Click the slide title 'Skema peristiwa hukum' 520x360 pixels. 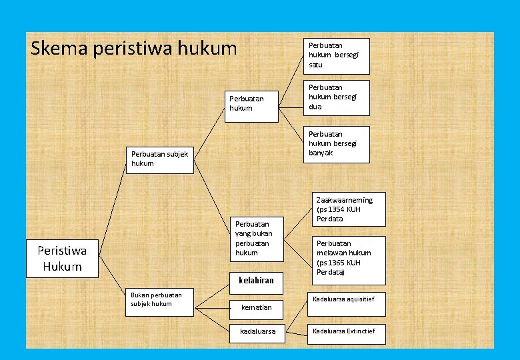pos(133,48)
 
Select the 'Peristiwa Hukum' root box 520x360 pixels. pos(63,259)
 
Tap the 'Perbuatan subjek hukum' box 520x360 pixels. pos(160,159)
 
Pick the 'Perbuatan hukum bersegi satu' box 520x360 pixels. pos(336,55)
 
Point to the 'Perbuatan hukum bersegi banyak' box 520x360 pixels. pos(336,143)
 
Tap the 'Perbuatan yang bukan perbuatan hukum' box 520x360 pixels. pos(257,239)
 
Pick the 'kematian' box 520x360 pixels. pos(256,307)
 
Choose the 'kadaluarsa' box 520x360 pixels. pos(257,331)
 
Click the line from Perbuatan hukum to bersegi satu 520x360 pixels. pos(290,79)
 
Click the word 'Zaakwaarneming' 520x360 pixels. pos(344,199)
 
